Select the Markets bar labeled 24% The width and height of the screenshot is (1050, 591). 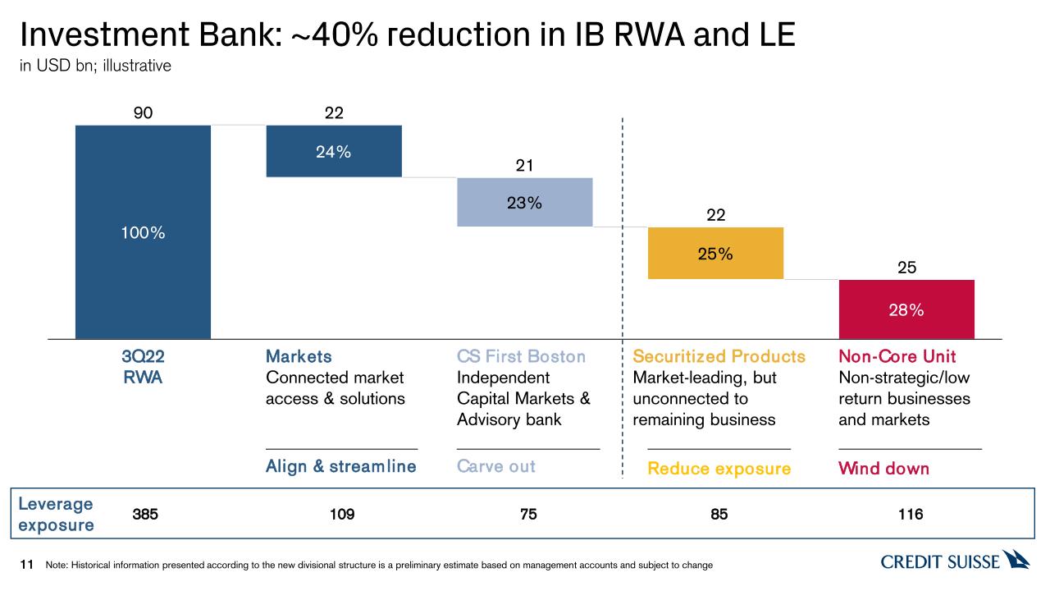334,151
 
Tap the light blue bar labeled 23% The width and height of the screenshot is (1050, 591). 524,202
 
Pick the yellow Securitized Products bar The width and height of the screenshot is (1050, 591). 715,253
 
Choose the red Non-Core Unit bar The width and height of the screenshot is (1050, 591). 906,309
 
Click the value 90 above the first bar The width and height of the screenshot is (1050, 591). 143,113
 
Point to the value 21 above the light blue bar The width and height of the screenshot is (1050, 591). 524,166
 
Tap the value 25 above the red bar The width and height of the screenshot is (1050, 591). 906,268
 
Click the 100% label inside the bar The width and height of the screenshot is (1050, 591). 144,233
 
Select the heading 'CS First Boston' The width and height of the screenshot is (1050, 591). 521,356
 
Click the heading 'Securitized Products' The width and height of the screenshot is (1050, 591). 719,356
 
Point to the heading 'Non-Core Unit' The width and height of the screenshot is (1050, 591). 897,356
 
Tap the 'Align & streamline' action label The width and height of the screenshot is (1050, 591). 340,466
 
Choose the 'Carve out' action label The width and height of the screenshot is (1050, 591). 495,466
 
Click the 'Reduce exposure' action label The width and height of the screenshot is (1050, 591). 719,469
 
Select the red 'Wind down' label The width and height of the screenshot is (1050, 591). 883,469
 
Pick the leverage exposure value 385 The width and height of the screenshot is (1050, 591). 145,515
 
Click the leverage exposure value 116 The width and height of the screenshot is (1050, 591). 910,515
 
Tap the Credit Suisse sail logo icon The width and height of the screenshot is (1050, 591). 1016,560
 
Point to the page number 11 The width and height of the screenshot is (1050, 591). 26,564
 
